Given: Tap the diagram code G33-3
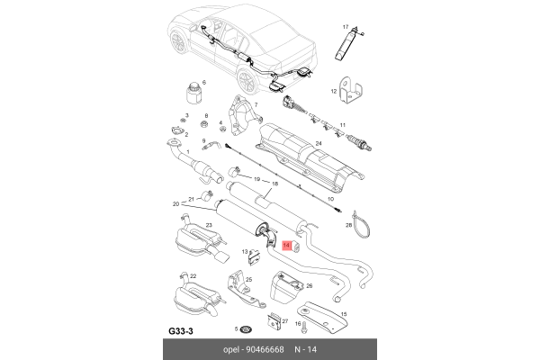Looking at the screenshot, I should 183,329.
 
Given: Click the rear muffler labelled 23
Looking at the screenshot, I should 192,241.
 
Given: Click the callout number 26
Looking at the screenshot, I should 309,287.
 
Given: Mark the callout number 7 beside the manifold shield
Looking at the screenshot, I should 256,105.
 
